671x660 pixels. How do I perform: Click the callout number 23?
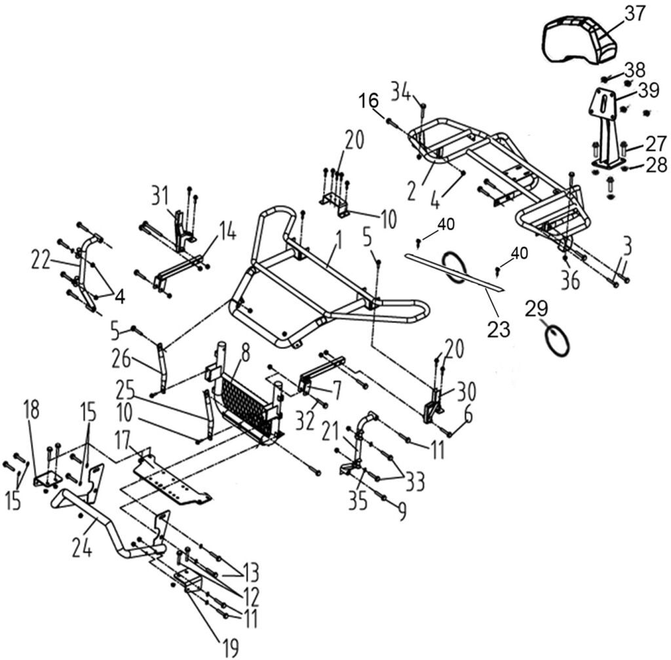click(499, 329)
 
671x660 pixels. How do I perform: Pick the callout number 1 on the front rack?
click(339, 241)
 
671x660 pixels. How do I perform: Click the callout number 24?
click(82, 548)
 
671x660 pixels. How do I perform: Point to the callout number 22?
click(41, 259)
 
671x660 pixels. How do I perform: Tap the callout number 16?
click(369, 101)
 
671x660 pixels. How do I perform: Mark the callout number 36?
click(570, 281)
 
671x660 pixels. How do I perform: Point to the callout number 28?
click(655, 165)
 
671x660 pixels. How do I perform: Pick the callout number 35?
click(358, 501)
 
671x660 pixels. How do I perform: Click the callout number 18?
click(31, 410)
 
